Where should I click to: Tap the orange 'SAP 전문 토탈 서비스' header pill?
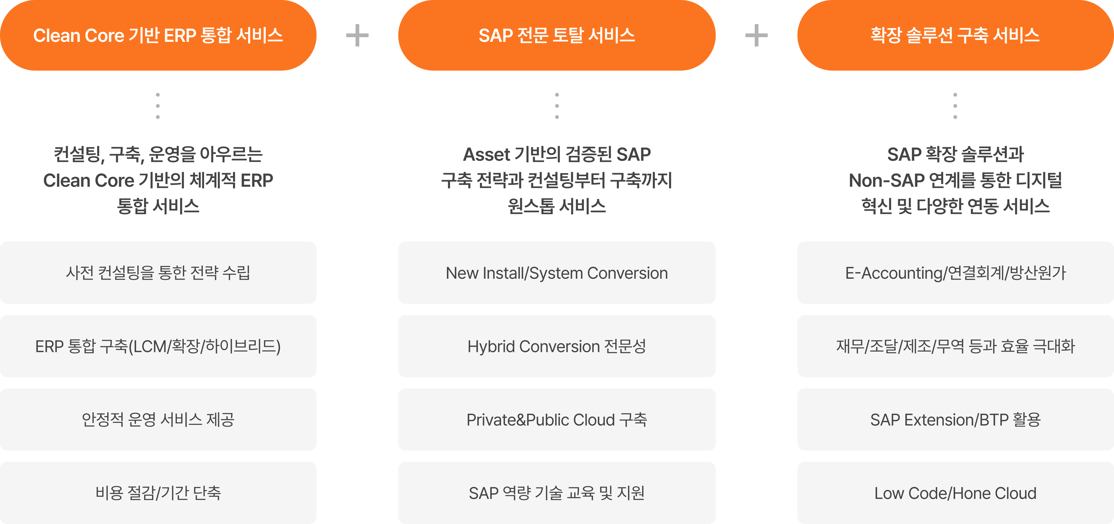pyautogui.click(x=557, y=35)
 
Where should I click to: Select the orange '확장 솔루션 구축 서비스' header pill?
pyautogui.click(x=955, y=35)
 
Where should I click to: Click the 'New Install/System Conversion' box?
pyautogui.click(x=557, y=273)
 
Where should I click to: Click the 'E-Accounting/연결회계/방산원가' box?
pyautogui.click(x=955, y=273)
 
